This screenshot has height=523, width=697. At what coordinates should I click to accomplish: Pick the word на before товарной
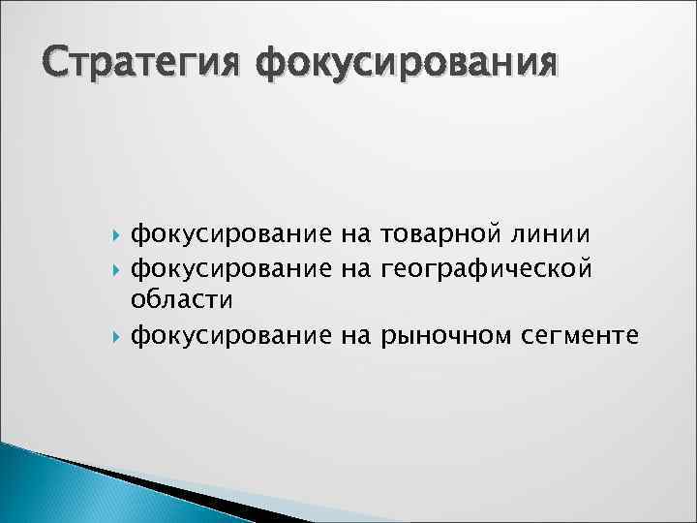click(355, 232)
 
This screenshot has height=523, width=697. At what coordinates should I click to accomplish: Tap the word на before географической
click(355, 265)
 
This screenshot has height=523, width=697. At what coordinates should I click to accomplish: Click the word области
click(182, 299)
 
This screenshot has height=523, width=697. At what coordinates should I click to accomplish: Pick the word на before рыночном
click(355, 336)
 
